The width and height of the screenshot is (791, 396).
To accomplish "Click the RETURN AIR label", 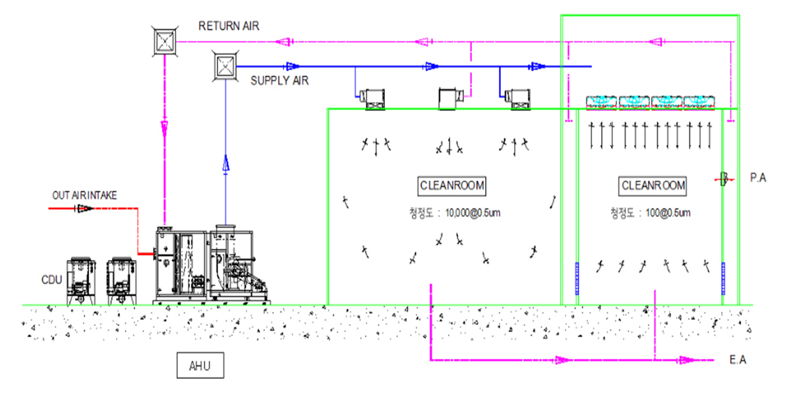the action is click(x=229, y=26).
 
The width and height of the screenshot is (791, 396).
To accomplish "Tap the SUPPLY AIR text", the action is click(x=279, y=81).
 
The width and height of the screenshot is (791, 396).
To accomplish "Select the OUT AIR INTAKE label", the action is click(x=84, y=195).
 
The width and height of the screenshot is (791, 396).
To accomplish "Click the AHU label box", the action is click(x=200, y=365).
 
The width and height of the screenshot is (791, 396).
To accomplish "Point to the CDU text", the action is click(x=51, y=280).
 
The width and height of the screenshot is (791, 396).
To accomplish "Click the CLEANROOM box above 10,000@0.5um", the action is click(x=452, y=186).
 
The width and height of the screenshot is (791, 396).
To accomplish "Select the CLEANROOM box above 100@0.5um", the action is click(x=653, y=186).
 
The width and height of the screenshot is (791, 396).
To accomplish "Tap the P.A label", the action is click(x=758, y=178).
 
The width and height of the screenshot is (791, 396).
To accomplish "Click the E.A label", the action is click(x=738, y=360).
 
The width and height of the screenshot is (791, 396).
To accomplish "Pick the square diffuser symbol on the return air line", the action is click(x=165, y=42).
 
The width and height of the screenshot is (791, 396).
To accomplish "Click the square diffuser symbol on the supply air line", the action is click(x=225, y=66).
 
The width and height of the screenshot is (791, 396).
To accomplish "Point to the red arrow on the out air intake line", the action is click(x=84, y=209).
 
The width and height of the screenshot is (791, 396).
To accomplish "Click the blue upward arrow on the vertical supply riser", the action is click(x=225, y=164).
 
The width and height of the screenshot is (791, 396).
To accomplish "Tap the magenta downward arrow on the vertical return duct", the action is click(x=164, y=129).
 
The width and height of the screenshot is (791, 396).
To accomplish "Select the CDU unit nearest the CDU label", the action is click(x=81, y=281).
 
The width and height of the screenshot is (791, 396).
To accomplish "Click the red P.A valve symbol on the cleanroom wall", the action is click(x=724, y=179).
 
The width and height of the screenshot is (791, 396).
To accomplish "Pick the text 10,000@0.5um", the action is click(x=473, y=213).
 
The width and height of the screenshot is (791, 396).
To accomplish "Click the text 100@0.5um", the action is click(x=668, y=213).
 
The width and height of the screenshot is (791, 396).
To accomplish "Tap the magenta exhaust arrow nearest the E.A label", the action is click(x=687, y=360).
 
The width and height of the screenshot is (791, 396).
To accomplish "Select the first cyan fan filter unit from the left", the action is click(x=601, y=103).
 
